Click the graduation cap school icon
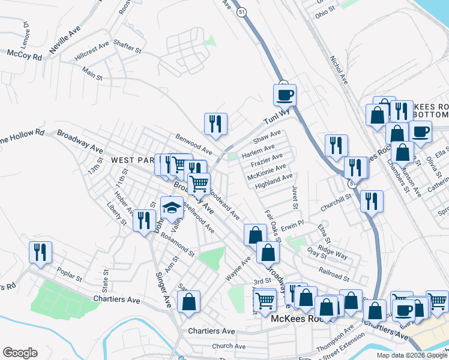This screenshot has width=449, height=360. [172, 208]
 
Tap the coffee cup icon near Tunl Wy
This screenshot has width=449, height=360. [285, 94]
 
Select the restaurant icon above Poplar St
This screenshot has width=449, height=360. [41, 252]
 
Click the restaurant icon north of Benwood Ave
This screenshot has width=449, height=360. [215, 124]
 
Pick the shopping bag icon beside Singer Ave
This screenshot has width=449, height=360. [188, 303]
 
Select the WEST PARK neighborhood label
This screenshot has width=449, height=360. [133, 160]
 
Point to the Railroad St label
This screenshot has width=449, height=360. [334, 277]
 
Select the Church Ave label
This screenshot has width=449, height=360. [229, 346]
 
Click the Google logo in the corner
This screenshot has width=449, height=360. [20, 353]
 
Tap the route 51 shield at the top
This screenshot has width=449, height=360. [241, 12]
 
